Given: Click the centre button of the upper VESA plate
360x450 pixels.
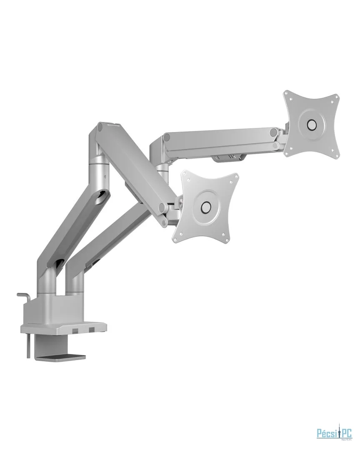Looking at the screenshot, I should tap(311, 125).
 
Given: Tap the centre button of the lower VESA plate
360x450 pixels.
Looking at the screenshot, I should tap(205, 207).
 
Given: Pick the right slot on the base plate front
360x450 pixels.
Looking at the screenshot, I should tap(91, 330).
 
